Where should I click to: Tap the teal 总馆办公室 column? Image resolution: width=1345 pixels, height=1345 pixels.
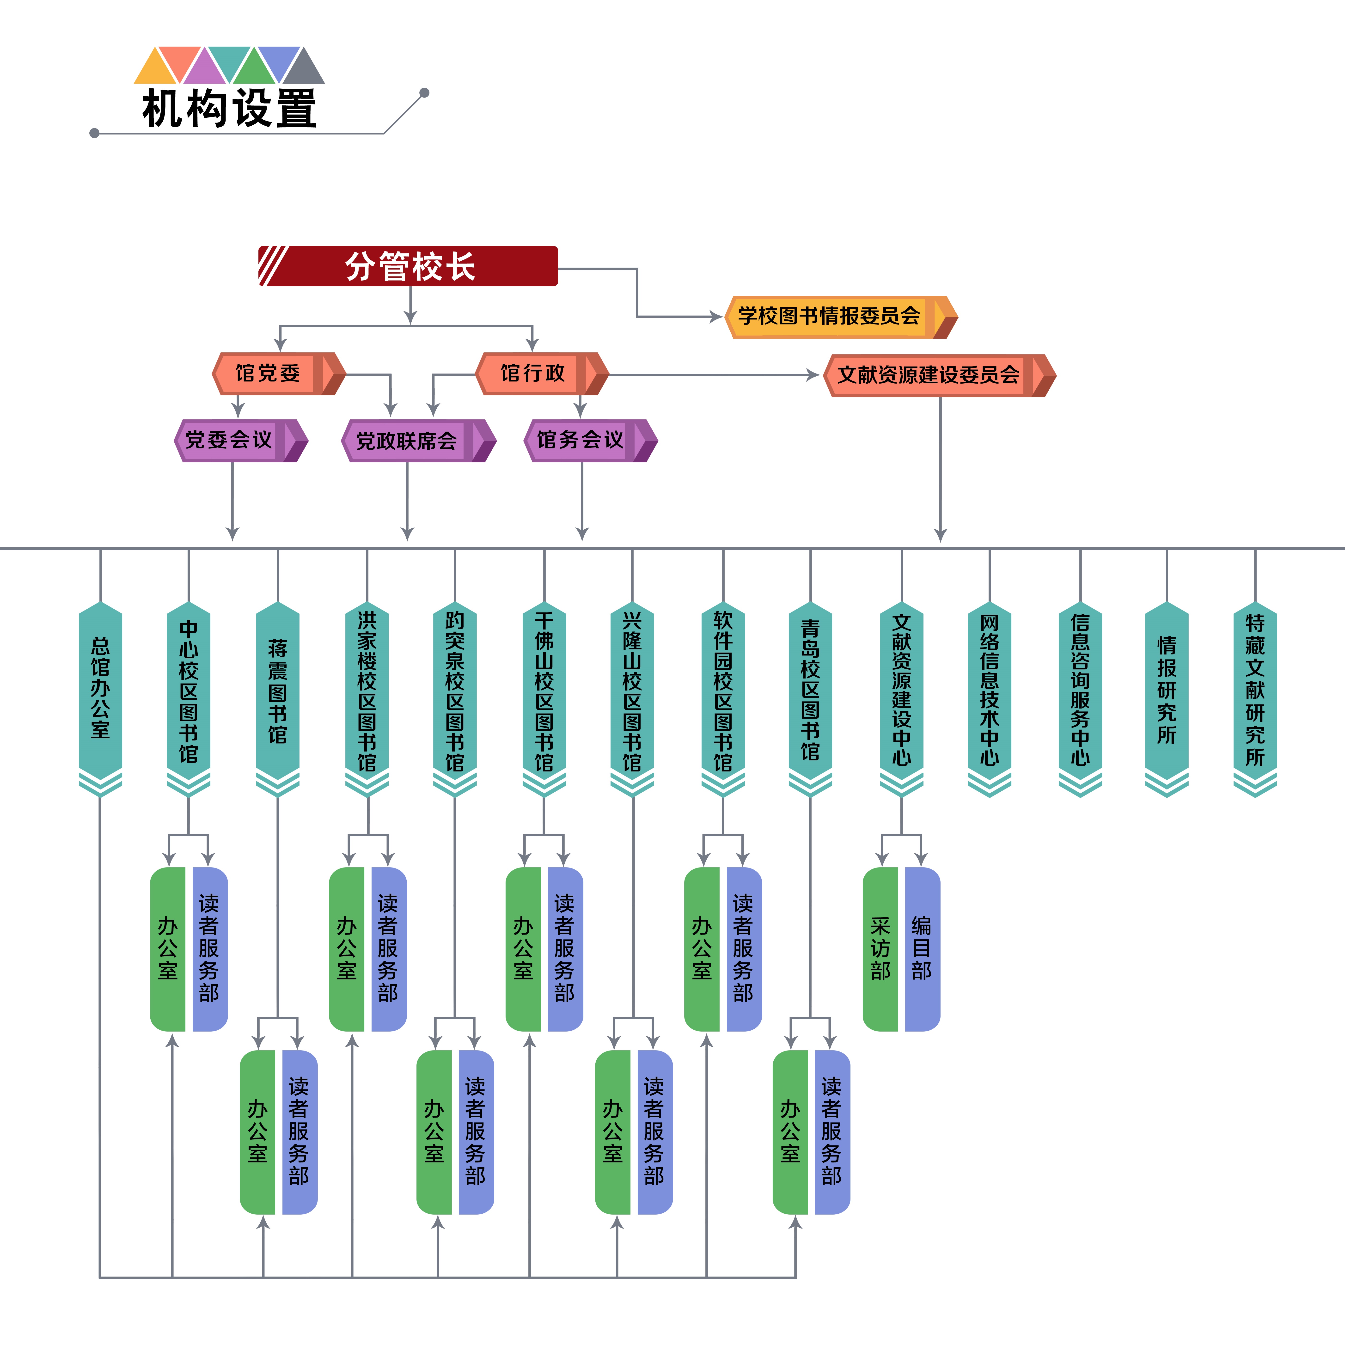click(100, 689)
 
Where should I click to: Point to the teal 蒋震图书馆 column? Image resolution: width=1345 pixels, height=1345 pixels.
click(278, 689)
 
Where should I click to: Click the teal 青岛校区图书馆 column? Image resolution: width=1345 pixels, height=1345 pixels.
click(810, 689)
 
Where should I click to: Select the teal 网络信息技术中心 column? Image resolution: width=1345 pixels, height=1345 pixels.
click(989, 689)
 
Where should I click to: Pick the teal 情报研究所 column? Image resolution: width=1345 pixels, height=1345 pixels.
click(1167, 689)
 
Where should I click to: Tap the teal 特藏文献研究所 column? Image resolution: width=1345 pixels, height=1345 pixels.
click(1255, 689)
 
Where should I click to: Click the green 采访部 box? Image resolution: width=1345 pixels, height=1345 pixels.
click(881, 949)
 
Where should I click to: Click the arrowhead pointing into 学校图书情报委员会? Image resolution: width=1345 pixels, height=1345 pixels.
click(716, 317)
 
